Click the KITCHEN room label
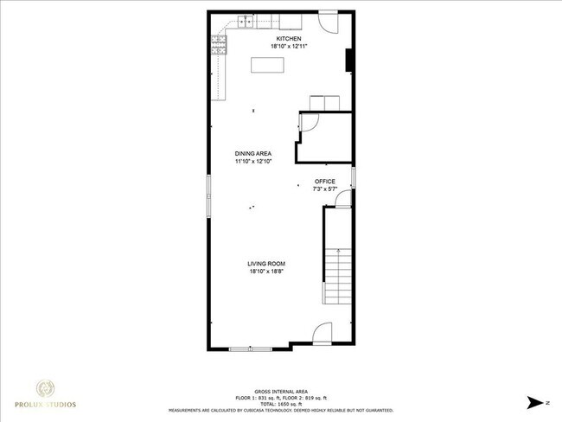[x=288, y=39]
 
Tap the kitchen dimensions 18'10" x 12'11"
[x=288, y=47]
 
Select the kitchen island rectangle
[x=266, y=65]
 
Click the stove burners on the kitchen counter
[x=220, y=46]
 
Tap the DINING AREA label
[x=252, y=153]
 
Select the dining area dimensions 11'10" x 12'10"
[x=252, y=161]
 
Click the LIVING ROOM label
[x=266, y=264]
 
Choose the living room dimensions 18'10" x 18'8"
[x=266, y=272]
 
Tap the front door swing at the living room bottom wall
[x=321, y=333]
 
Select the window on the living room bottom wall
[x=250, y=348]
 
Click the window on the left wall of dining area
[x=208, y=195]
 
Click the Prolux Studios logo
[x=43, y=393]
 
